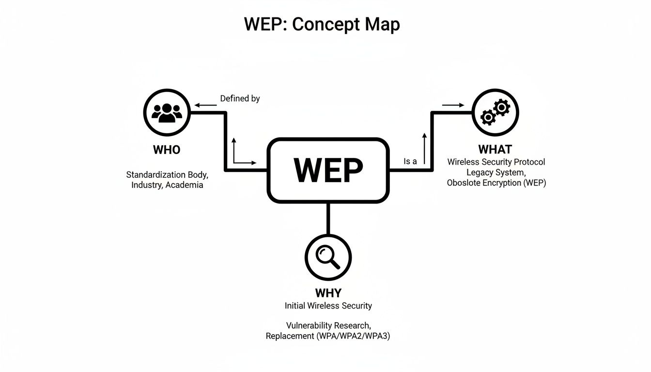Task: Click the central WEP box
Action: [x=328, y=170]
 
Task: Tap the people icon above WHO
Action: [x=167, y=112]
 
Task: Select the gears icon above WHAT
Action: [x=495, y=112]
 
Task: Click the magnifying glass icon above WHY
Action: [x=328, y=257]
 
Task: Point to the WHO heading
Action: [x=167, y=150]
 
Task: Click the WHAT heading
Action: [x=495, y=149]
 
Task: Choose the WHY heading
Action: [x=328, y=293]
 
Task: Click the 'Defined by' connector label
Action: [x=240, y=99]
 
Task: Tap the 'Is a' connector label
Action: [x=410, y=162]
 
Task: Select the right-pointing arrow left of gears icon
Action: [x=453, y=105]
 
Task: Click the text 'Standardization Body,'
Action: [x=167, y=174]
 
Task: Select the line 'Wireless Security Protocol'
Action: [x=496, y=162]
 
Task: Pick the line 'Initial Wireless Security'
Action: [x=328, y=306]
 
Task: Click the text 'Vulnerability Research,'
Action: [x=328, y=325]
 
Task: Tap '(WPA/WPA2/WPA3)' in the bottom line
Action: [x=353, y=336]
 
